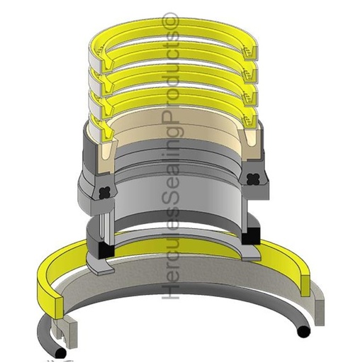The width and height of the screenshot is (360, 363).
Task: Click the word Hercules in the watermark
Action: [171, 269]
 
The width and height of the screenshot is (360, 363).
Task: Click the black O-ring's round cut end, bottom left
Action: [62, 352]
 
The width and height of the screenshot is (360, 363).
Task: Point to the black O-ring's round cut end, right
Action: [303, 331]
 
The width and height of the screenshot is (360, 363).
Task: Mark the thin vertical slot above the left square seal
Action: [103, 228]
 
